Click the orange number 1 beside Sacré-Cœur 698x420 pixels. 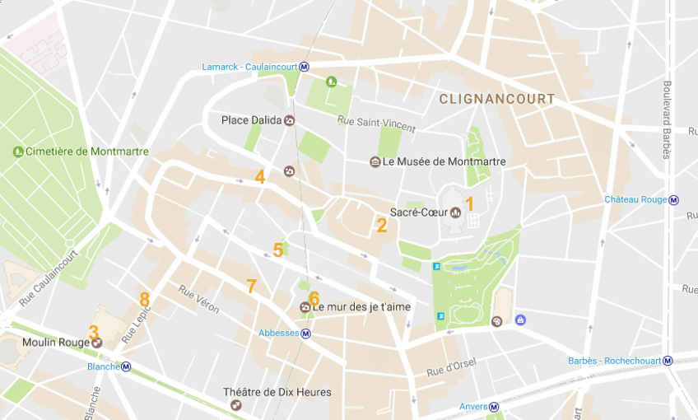pyautogui.click(x=470, y=203)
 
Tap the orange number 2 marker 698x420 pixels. pyautogui.click(x=382, y=225)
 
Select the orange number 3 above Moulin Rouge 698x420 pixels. pyautogui.click(x=94, y=331)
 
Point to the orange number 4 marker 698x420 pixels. pyautogui.click(x=260, y=176)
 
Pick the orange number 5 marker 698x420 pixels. pyautogui.click(x=278, y=250)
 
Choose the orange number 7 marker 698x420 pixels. pyautogui.click(x=251, y=287)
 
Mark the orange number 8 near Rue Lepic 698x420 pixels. pyautogui.click(x=145, y=299)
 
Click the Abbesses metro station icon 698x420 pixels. pyautogui.click(x=305, y=334)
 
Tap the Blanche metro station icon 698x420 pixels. pyautogui.click(x=126, y=366)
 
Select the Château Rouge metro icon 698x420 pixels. pyautogui.click(x=674, y=200)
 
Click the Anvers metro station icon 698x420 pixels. pyautogui.click(x=494, y=407)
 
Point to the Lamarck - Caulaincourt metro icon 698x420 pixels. pyautogui.click(x=305, y=67)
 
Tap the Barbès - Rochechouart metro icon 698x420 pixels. pyautogui.click(x=668, y=361)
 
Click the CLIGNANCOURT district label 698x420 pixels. pyautogui.click(x=497, y=99)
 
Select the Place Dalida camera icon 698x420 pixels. pyautogui.click(x=289, y=120)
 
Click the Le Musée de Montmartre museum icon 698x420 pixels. pyautogui.click(x=375, y=161)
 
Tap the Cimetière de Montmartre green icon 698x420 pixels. pyautogui.click(x=18, y=152)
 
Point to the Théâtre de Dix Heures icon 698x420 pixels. pyautogui.click(x=236, y=405)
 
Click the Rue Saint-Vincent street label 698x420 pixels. pyautogui.click(x=377, y=124)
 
